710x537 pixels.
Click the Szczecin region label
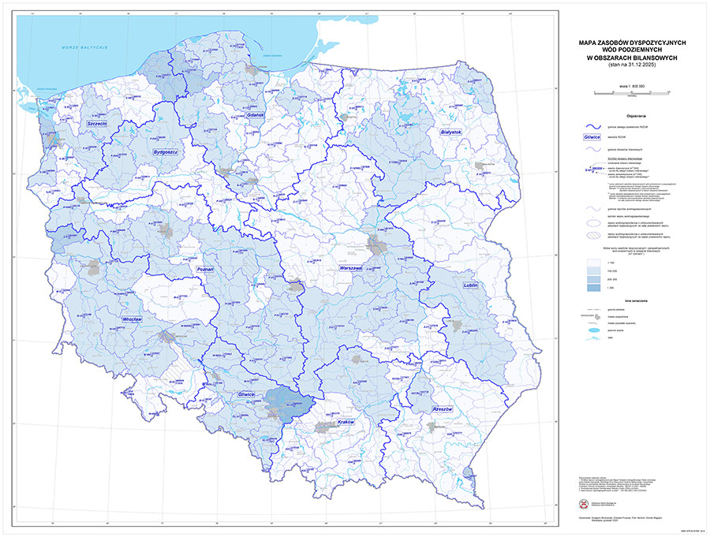[x=98, y=124]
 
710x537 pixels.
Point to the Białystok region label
[x=455, y=132]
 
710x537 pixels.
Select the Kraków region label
[x=346, y=423]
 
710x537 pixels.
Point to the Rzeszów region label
[x=443, y=410]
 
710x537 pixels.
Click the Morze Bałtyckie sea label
[x=84, y=49]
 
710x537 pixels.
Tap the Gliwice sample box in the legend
[x=592, y=136]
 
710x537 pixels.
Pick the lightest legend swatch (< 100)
[x=592, y=262]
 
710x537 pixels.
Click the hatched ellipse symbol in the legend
[x=592, y=234]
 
